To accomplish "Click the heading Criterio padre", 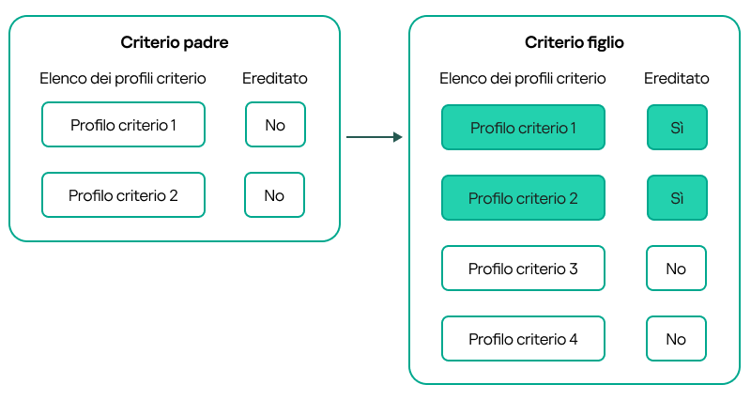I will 175,42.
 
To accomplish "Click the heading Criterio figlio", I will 575,42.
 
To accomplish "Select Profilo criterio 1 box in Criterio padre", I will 123,125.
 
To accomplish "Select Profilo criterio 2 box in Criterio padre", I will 123,195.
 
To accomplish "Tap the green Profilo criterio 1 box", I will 523,128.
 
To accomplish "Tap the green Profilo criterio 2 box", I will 523,198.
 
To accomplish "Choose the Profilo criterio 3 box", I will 523,269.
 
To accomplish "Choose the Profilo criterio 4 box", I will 523,339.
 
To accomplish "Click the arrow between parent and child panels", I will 374,138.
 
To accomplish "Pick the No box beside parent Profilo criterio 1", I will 275,125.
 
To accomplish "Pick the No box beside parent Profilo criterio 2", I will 275,195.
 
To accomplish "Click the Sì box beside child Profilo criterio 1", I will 676,128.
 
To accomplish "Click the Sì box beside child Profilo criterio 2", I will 676,198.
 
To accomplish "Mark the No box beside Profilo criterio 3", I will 676,269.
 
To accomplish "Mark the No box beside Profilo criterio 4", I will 676,339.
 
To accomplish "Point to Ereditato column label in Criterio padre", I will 275,78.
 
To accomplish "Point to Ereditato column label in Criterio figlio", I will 676,78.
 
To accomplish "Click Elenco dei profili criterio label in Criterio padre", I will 123,78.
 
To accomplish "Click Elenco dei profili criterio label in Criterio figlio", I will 523,78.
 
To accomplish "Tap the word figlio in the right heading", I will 603,42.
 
